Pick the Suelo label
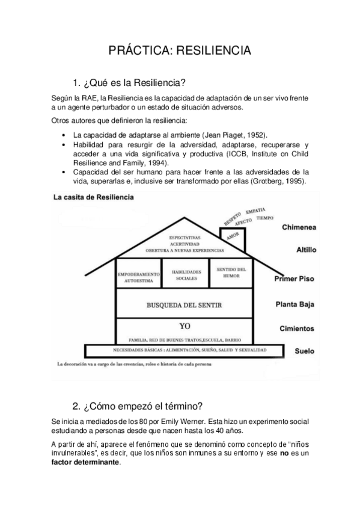click(x=304, y=351)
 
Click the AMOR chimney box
click(x=233, y=238)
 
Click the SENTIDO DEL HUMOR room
click(x=228, y=272)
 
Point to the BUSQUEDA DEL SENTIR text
click(x=185, y=306)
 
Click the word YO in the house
click(x=185, y=325)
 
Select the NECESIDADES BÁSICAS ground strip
click(x=185, y=350)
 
